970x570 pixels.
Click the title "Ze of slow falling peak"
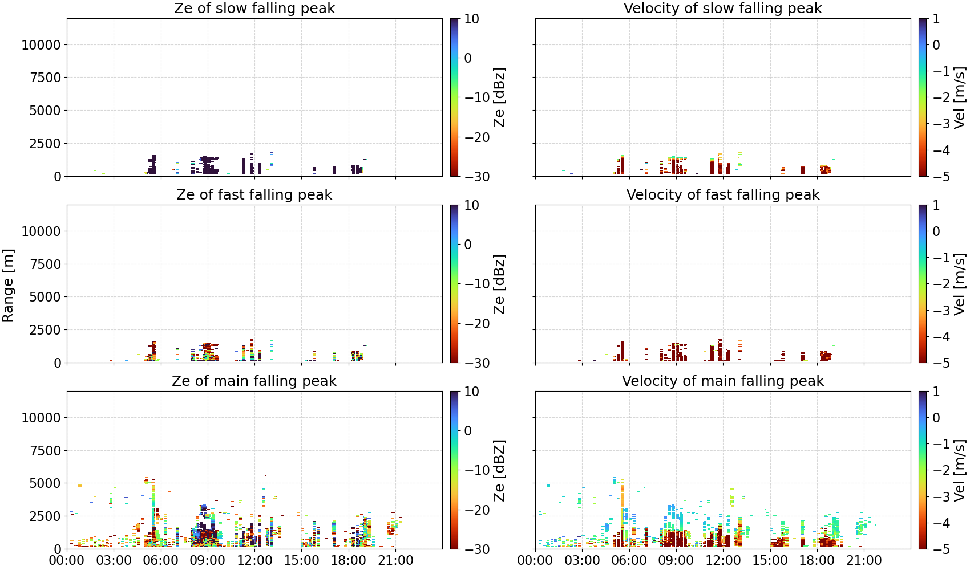[x=254, y=8]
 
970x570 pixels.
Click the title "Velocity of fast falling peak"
[x=723, y=194]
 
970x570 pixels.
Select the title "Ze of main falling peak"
[x=254, y=381]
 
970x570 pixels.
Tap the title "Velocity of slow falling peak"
[x=723, y=8]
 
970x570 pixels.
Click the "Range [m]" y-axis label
[x=8, y=286]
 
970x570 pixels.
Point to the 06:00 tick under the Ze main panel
[x=161, y=560]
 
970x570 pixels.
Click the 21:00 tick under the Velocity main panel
[x=864, y=560]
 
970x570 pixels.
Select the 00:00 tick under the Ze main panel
[x=67, y=560]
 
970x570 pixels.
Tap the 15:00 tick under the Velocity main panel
[x=770, y=560]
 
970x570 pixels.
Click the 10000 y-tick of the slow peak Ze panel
[x=41, y=44]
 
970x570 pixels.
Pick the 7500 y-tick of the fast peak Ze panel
[x=46, y=264]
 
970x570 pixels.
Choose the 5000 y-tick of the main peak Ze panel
[x=46, y=483]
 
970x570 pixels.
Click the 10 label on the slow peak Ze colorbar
[x=471, y=19]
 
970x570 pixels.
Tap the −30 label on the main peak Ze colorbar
[x=477, y=549]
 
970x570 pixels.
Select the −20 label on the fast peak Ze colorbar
[x=477, y=324]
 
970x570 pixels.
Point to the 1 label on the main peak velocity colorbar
[x=936, y=392]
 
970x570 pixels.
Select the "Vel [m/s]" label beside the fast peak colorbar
[x=960, y=284]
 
